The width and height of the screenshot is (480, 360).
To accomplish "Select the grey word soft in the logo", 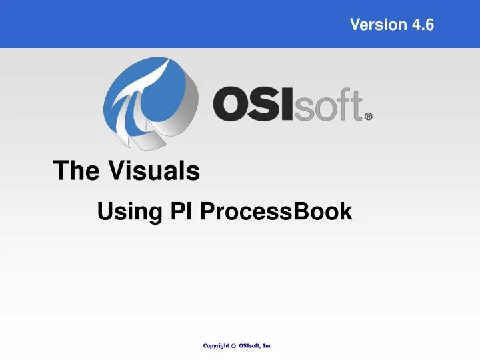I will click(328, 107).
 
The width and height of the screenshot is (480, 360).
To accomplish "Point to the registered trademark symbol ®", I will click(368, 116).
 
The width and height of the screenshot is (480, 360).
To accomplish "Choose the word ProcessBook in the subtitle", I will click(275, 212).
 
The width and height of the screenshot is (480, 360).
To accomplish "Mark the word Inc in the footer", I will click(267, 345).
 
